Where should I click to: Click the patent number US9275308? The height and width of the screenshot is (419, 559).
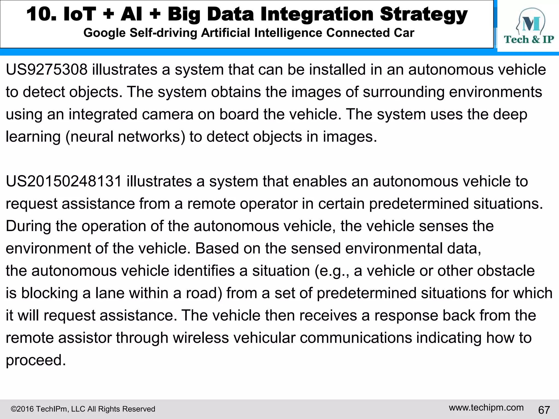pos(47,70)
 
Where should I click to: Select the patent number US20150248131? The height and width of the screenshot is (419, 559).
pos(64,181)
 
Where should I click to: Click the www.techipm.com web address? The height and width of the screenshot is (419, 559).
pos(486,408)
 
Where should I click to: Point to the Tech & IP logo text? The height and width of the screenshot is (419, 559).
pos(529,40)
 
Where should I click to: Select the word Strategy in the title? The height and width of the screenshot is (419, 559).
pos(424,14)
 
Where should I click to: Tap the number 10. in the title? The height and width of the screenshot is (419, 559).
pos(41,14)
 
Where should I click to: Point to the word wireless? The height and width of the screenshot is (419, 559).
pos(201,338)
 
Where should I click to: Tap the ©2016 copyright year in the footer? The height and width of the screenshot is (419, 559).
pos(22,409)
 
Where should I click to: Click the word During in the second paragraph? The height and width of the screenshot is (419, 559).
pos(28,226)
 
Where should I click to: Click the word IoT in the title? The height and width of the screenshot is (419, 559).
pos(80,14)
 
